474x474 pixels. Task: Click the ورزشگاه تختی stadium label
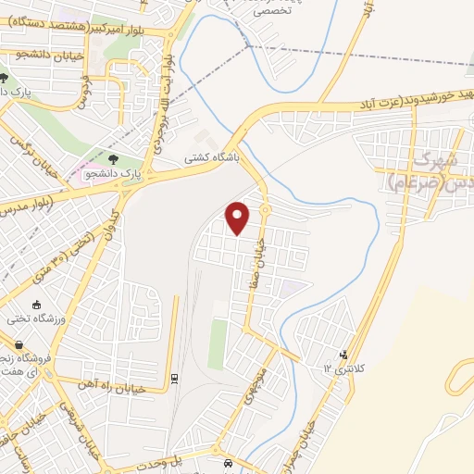pos(32,318)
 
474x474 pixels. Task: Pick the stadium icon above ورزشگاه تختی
pos(36,305)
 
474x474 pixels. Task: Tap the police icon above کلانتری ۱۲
pos(344,355)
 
